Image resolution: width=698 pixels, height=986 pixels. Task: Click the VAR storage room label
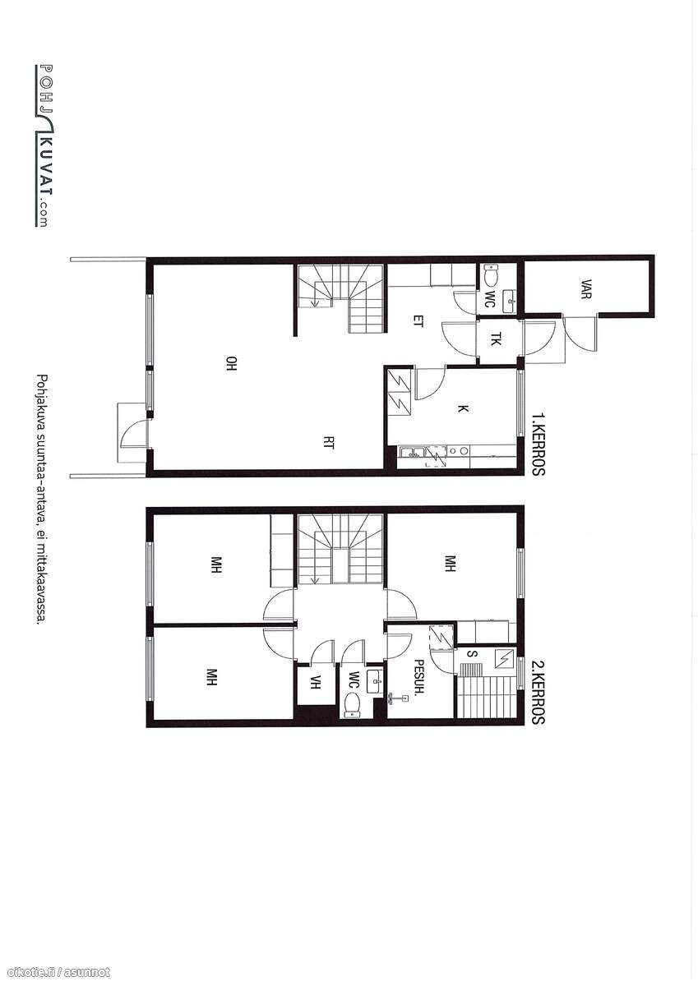pyautogui.click(x=585, y=289)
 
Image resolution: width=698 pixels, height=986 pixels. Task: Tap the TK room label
pyautogui.click(x=497, y=339)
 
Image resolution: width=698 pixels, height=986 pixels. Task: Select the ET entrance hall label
pyautogui.click(x=418, y=321)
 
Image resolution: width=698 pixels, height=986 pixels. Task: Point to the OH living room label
pyautogui.click(x=232, y=363)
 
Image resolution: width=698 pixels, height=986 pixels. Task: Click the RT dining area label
pyautogui.click(x=329, y=442)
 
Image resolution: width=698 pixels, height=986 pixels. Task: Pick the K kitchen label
pyautogui.click(x=462, y=409)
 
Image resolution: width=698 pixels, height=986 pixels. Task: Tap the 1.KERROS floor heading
pyautogui.click(x=539, y=443)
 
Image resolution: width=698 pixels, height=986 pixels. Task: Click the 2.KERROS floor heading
pyautogui.click(x=539, y=692)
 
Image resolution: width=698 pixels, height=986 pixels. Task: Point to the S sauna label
pyautogui.click(x=473, y=654)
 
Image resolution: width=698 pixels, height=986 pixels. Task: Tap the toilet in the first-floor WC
pyautogui.click(x=492, y=277)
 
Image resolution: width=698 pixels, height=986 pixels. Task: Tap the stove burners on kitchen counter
pyautogui.click(x=459, y=451)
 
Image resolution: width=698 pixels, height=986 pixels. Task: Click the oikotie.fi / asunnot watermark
pyautogui.click(x=55, y=971)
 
